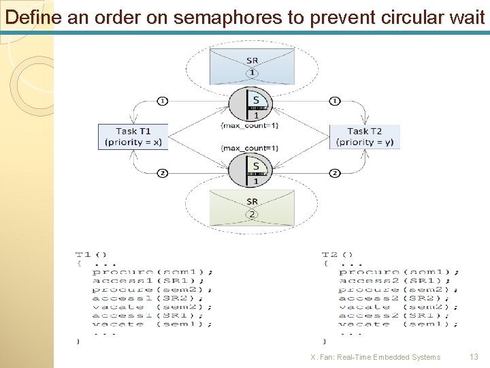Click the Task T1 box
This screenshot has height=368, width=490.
point(133,136)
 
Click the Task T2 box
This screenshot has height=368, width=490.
point(364,136)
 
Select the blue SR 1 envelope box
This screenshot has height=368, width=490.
point(252,65)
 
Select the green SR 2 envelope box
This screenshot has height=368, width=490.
point(252,207)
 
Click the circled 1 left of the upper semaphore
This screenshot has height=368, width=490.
point(162,102)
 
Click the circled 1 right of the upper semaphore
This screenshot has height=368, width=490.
point(334,102)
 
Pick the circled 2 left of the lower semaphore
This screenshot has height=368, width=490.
point(162,173)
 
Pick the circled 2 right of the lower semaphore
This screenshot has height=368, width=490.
point(334,173)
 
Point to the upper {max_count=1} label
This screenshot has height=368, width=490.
point(249,125)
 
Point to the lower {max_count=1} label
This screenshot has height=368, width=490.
point(249,148)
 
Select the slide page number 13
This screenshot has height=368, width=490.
point(474,357)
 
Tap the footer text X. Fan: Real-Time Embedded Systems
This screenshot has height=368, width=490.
point(375,357)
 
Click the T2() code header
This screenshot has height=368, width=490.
point(338,255)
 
